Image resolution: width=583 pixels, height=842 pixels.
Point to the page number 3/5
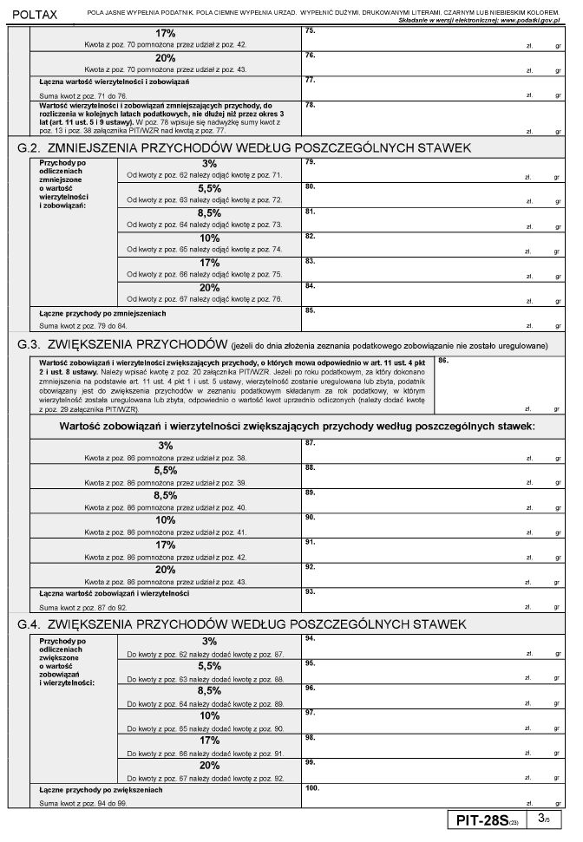(543, 819)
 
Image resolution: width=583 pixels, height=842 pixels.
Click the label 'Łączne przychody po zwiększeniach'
(102, 790)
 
